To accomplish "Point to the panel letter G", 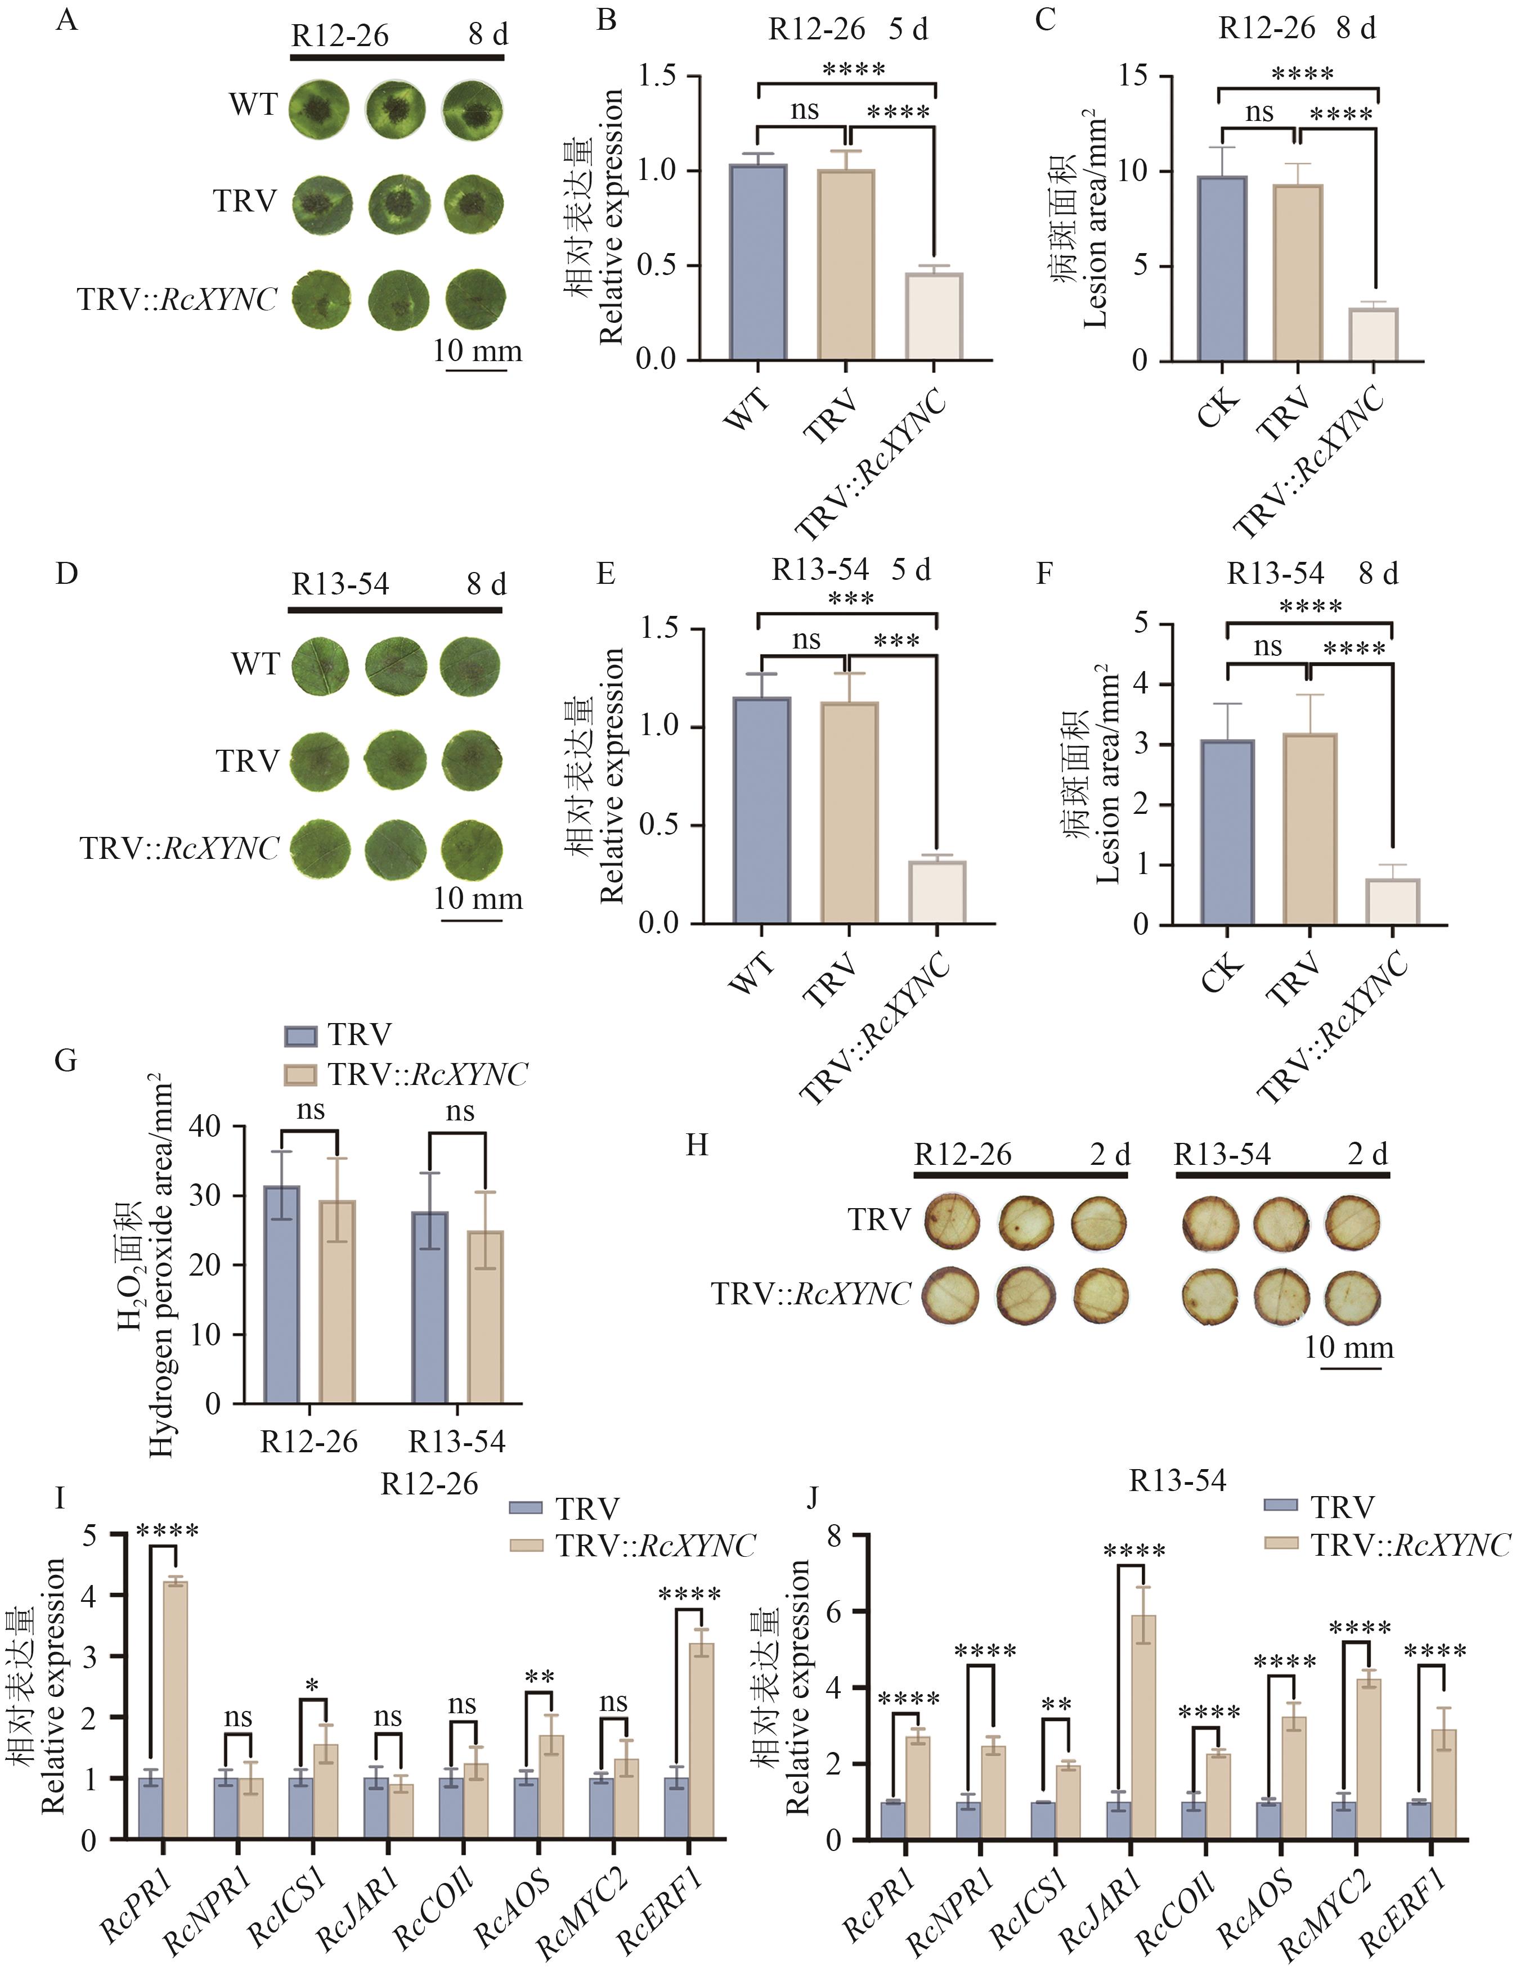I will pos(66,1060).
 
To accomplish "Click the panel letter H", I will pos(697,1145).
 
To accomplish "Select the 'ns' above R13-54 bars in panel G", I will pos(460,1112).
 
